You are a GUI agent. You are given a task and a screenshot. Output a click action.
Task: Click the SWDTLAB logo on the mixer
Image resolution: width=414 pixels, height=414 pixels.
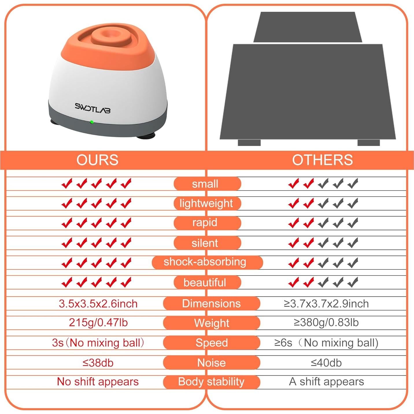(93, 108)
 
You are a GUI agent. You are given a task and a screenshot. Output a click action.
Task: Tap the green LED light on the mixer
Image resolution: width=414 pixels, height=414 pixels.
(92, 122)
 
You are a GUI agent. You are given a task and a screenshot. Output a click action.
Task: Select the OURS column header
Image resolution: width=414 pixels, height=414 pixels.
(97, 160)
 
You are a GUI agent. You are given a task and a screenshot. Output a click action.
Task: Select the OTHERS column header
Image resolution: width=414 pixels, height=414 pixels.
(322, 160)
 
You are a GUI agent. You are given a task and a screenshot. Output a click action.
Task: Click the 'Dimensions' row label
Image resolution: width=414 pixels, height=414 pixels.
(211, 304)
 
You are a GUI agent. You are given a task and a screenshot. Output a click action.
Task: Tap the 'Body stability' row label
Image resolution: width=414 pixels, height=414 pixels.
(211, 382)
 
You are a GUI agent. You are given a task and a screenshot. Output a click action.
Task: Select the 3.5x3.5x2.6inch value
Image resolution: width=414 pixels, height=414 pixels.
(98, 304)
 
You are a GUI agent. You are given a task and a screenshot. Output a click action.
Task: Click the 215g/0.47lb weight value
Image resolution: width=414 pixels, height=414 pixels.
(98, 323)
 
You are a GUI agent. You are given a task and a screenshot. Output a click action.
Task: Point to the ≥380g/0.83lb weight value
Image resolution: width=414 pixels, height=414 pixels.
(326, 323)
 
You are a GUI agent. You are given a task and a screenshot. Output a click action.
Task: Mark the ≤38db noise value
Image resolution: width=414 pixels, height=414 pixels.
(98, 363)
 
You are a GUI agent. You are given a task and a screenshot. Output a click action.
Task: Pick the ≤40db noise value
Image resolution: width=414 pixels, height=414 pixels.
(326, 363)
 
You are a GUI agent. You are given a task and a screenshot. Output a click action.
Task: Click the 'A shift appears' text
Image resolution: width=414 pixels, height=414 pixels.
(326, 382)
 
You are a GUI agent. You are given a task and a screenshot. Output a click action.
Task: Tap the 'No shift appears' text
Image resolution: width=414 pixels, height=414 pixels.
(98, 382)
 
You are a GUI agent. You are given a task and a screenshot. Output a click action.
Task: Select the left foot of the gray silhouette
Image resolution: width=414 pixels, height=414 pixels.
(249, 143)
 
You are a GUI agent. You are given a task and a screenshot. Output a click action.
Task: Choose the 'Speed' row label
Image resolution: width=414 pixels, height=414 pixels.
(211, 343)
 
